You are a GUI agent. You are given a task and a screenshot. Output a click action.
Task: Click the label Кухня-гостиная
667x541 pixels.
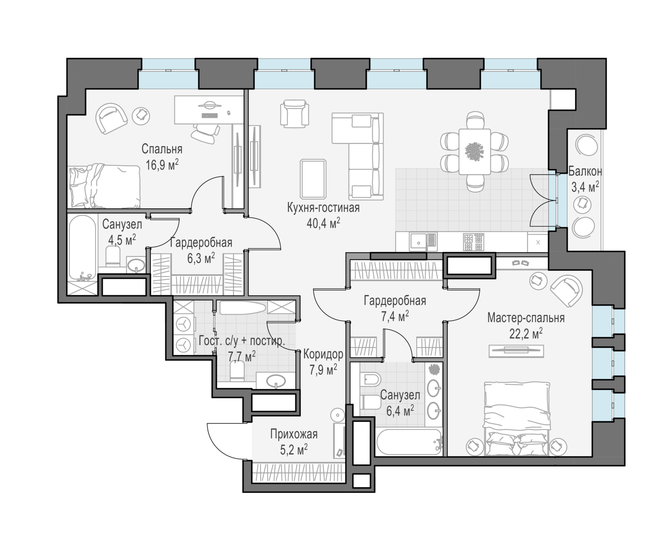[x=323, y=208]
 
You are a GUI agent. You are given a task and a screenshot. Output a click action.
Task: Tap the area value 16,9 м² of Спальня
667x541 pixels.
[x=162, y=164]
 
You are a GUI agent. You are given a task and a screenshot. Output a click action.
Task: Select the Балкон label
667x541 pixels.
[x=585, y=171]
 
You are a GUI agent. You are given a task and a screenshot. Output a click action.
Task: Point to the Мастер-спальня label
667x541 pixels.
[x=526, y=318]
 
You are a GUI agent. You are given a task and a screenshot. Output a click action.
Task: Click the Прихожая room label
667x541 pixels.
[x=294, y=434]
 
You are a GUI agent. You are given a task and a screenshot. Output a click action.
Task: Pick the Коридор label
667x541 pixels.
[x=323, y=354]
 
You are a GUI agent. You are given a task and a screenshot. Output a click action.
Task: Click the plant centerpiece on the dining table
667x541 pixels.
[x=474, y=151]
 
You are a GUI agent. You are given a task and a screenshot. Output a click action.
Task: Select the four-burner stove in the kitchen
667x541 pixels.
[x=474, y=242]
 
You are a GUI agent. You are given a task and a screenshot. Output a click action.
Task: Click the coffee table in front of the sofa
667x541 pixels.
[x=313, y=179]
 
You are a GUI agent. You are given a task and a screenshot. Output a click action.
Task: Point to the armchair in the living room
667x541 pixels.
[x=294, y=114]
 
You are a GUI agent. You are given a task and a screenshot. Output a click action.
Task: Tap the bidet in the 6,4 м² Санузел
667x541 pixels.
[x=370, y=379]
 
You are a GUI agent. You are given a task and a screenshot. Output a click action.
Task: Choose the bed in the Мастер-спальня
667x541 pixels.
[x=517, y=418]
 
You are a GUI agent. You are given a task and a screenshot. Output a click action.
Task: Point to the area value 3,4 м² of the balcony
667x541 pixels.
[x=585, y=187]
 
